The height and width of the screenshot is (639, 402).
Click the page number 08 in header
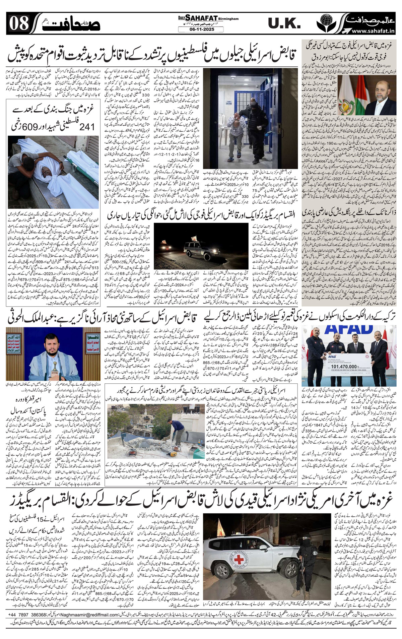coord(17,23)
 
